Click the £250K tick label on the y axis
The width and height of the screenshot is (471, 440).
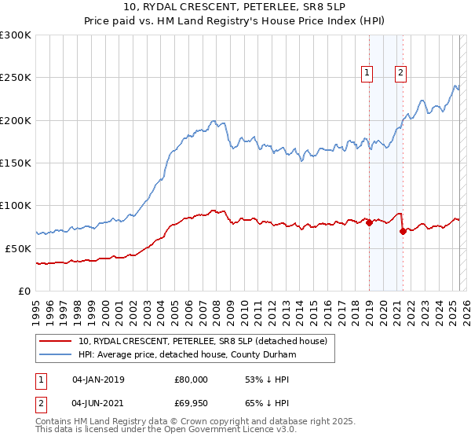(16, 78)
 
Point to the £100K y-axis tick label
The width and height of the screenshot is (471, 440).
(16, 205)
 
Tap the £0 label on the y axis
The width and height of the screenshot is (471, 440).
(25, 291)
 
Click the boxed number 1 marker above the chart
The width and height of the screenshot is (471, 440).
(367, 74)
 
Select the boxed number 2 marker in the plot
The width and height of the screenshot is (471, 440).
(400, 74)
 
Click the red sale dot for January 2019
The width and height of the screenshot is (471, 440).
(369, 222)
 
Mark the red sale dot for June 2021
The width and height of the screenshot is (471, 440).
(403, 231)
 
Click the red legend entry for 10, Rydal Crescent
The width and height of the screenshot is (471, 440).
(207, 341)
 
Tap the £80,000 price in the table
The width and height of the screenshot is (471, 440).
(189, 379)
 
